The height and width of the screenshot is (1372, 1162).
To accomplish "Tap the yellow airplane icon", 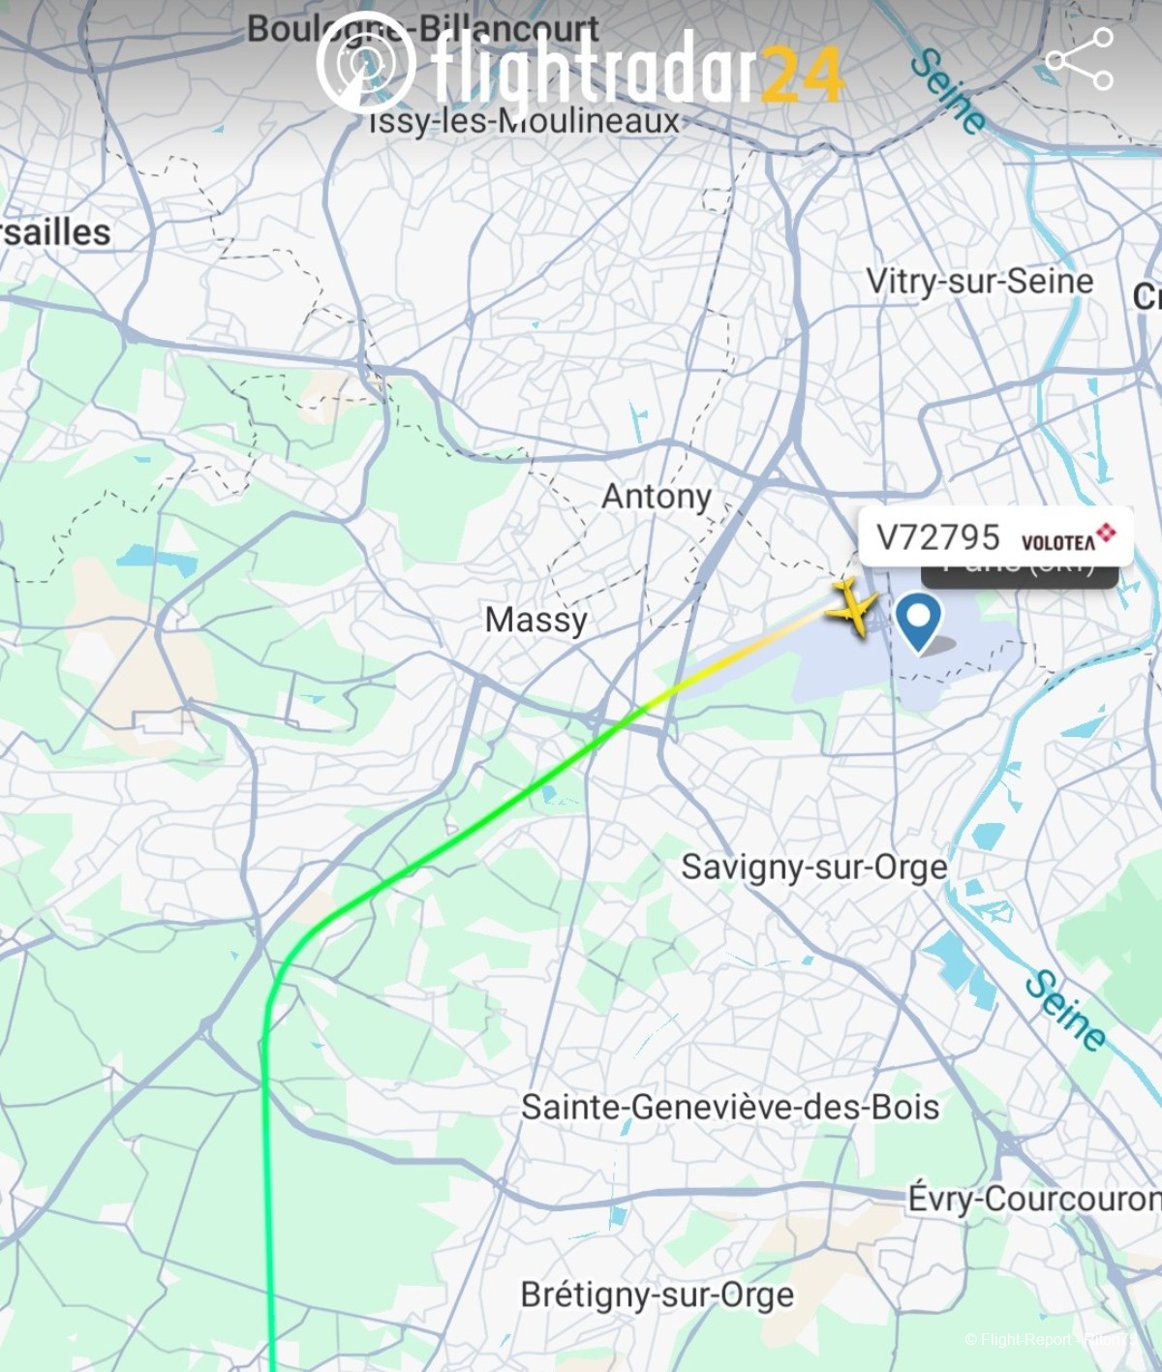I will (852, 607).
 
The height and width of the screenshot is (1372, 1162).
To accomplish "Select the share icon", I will (1080, 59).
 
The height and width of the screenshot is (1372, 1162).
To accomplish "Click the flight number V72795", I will (937, 537).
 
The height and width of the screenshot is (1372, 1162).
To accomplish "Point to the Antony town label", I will (657, 497).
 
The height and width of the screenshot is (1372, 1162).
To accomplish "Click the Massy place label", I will (535, 620).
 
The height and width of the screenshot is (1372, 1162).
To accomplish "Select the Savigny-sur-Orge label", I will (813, 867).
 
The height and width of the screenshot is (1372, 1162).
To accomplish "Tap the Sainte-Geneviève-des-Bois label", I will (730, 1107).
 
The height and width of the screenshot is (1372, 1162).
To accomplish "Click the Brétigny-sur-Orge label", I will (657, 1295).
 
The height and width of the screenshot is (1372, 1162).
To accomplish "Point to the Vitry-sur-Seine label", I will (979, 281).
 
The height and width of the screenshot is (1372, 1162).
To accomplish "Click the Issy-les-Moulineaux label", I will (525, 122).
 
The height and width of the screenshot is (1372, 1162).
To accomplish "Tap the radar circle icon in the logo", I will (365, 62).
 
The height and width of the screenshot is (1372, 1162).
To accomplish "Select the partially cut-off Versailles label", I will (55, 232).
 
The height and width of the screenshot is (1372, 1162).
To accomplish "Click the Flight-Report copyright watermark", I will (1051, 1339).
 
